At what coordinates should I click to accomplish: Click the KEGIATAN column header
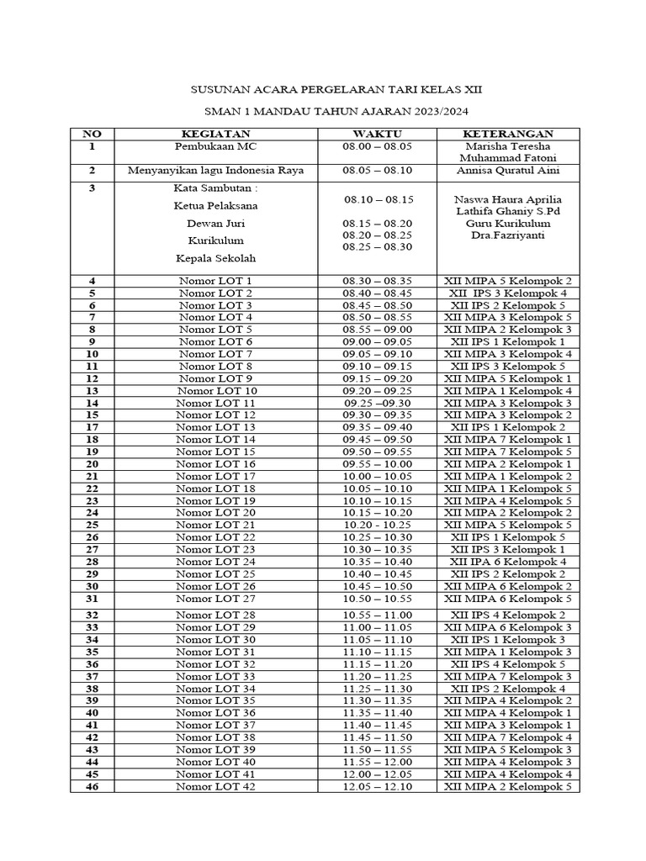click(215, 134)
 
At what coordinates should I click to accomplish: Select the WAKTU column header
click(377, 134)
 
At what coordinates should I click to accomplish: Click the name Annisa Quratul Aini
click(507, 171)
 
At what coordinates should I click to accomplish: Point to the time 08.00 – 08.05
click(378, 146)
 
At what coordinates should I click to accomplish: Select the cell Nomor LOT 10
click(216, 391)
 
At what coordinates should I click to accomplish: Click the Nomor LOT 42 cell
click(216, 786)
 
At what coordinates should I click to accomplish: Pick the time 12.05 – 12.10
click(378, 786)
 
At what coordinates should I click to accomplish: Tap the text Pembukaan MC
click(215, 146)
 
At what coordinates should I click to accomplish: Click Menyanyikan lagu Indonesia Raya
click(215, 171)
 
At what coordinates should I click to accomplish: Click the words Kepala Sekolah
click(215, 258)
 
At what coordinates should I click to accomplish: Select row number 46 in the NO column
click(91, 786)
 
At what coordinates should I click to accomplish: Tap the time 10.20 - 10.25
click(378, 525)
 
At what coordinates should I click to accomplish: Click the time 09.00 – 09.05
click(378, 342)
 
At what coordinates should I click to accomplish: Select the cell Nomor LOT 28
click(216, 615)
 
